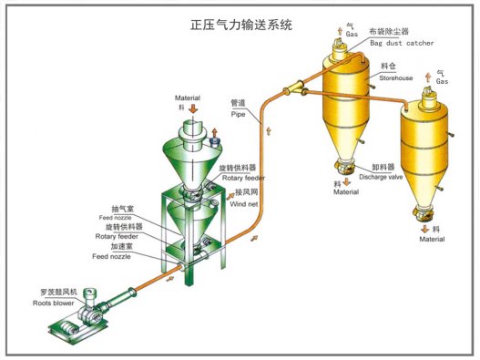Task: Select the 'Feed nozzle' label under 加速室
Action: click(x=113, y=256)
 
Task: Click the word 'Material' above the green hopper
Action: click(x=189, y=97)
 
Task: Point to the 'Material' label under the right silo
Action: click(x=432, y=239)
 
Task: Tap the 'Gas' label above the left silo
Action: click(x=352, y=34)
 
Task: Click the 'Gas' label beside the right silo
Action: click(x=442, y=81)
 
